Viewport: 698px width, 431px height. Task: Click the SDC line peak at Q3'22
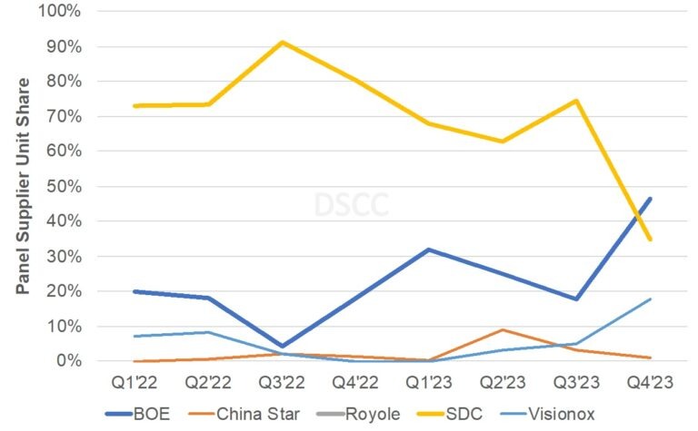283,42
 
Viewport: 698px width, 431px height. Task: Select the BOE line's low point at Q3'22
283,346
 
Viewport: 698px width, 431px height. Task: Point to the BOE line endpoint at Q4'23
650,199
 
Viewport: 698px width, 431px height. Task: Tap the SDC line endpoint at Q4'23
650,240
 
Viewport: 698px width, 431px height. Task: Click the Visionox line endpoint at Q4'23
650,299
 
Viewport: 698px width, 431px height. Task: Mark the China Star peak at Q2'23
503,329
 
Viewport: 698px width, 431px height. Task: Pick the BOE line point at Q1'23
429,250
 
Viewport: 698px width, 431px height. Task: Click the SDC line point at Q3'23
576,100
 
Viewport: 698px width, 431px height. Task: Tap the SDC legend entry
449,414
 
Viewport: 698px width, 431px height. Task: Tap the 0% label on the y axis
69,361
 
